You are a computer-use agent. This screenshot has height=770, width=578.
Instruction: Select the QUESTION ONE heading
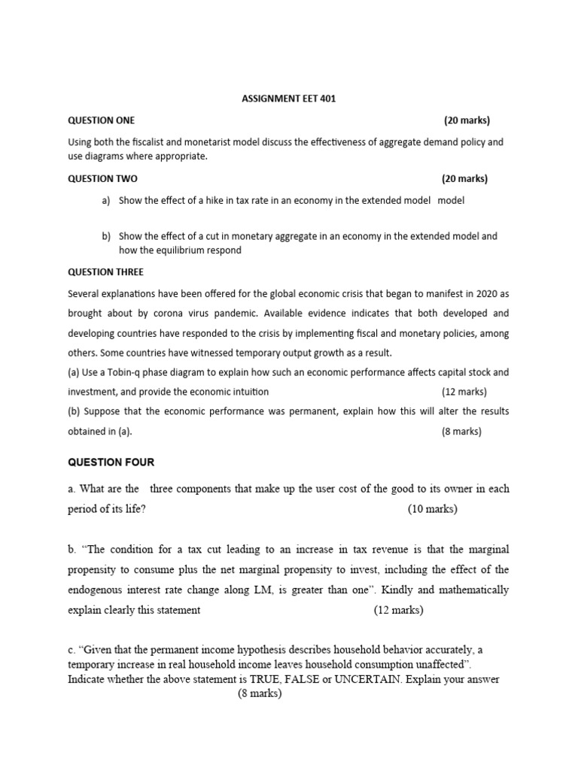tap(102, 120)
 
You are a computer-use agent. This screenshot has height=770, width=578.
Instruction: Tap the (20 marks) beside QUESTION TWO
tap(464, 179)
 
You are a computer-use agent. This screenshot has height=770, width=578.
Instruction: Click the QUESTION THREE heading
tap(105, 272)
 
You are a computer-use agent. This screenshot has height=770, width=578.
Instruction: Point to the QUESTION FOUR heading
tap(111, 462)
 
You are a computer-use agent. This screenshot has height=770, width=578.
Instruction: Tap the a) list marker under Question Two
tap(106, 201)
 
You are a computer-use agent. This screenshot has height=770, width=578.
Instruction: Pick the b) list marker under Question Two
tap(106, 236)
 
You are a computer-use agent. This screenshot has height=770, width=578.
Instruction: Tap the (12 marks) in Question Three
tap(464, 392)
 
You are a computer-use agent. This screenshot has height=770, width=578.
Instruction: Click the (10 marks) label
tap(432, 509)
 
